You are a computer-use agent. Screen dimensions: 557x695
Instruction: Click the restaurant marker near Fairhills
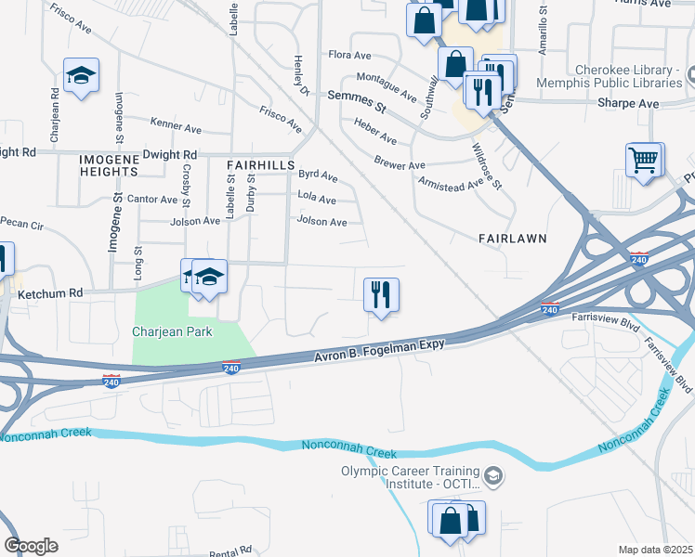381,295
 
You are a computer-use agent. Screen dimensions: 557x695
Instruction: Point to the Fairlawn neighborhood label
511,239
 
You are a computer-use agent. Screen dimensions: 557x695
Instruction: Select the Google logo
31,545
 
